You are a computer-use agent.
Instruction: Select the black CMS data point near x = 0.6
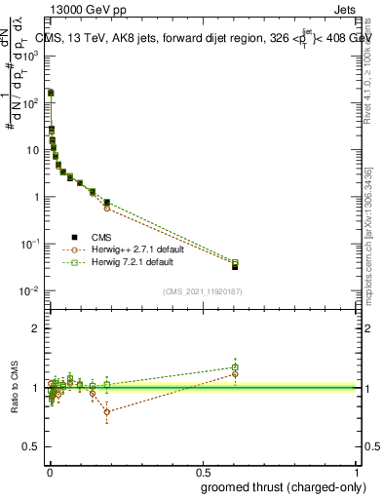[x=235, y=266]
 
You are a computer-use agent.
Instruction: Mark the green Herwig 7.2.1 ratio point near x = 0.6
[x=235, y=367]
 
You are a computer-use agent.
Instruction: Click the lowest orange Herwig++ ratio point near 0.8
[x=106, y=412]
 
